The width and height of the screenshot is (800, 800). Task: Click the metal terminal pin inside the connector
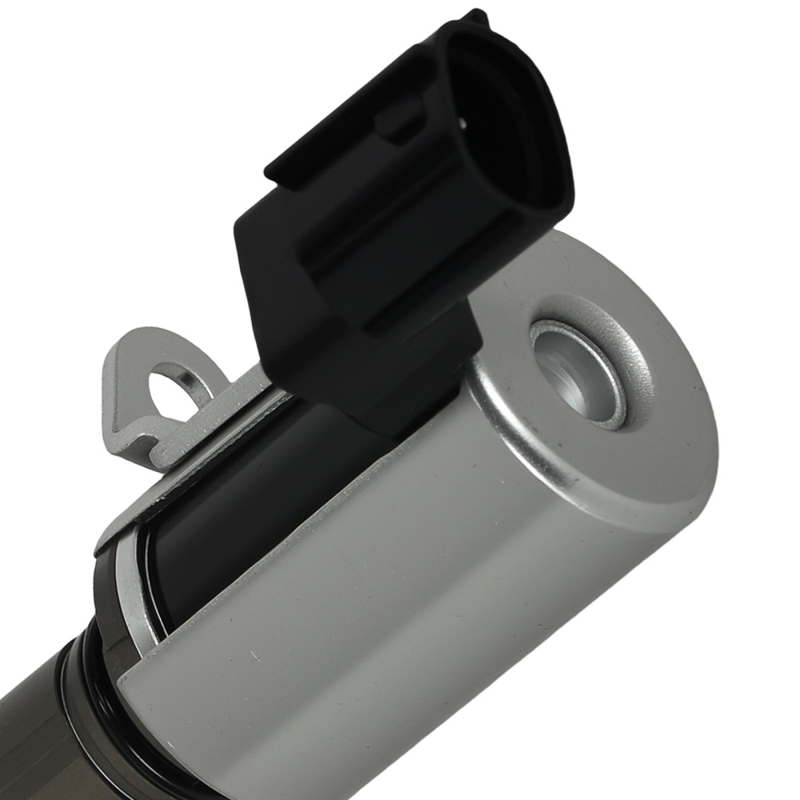[463, 122]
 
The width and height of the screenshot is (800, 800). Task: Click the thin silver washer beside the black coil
[136, 592]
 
